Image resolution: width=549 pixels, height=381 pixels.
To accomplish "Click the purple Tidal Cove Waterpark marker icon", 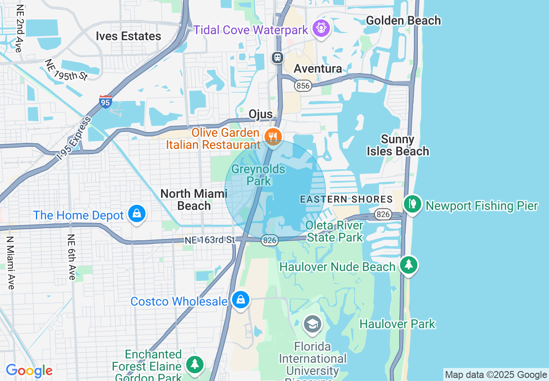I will (321, 29).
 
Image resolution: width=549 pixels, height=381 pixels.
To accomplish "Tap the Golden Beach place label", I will (403, 20).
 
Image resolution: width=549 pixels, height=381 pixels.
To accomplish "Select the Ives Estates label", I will (129, 36).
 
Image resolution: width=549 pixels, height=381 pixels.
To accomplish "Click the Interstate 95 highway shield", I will (105, 102).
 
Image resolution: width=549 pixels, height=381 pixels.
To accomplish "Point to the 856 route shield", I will (303, 85).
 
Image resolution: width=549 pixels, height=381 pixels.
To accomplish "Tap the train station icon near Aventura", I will (278, 57).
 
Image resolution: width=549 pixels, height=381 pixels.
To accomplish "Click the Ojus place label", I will (261, 114).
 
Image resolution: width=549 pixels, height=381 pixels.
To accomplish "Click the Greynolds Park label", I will (258, 175).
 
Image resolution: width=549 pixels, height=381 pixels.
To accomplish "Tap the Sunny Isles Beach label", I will (398, 145).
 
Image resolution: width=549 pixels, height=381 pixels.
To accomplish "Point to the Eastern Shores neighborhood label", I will (346, 200).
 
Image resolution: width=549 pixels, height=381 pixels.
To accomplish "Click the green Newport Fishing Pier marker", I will (413, 204).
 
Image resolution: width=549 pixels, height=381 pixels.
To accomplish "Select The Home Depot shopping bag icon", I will (137, 214).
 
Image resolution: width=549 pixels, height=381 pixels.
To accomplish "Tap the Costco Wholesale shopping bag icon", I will (240, 300).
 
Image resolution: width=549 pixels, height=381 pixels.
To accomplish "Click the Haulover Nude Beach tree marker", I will (408, 265).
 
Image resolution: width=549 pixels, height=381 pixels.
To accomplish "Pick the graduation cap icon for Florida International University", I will (312, 324).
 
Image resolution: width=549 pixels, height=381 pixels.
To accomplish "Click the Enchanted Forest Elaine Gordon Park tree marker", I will (195, 364).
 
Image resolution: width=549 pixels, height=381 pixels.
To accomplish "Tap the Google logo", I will (29, 371).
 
